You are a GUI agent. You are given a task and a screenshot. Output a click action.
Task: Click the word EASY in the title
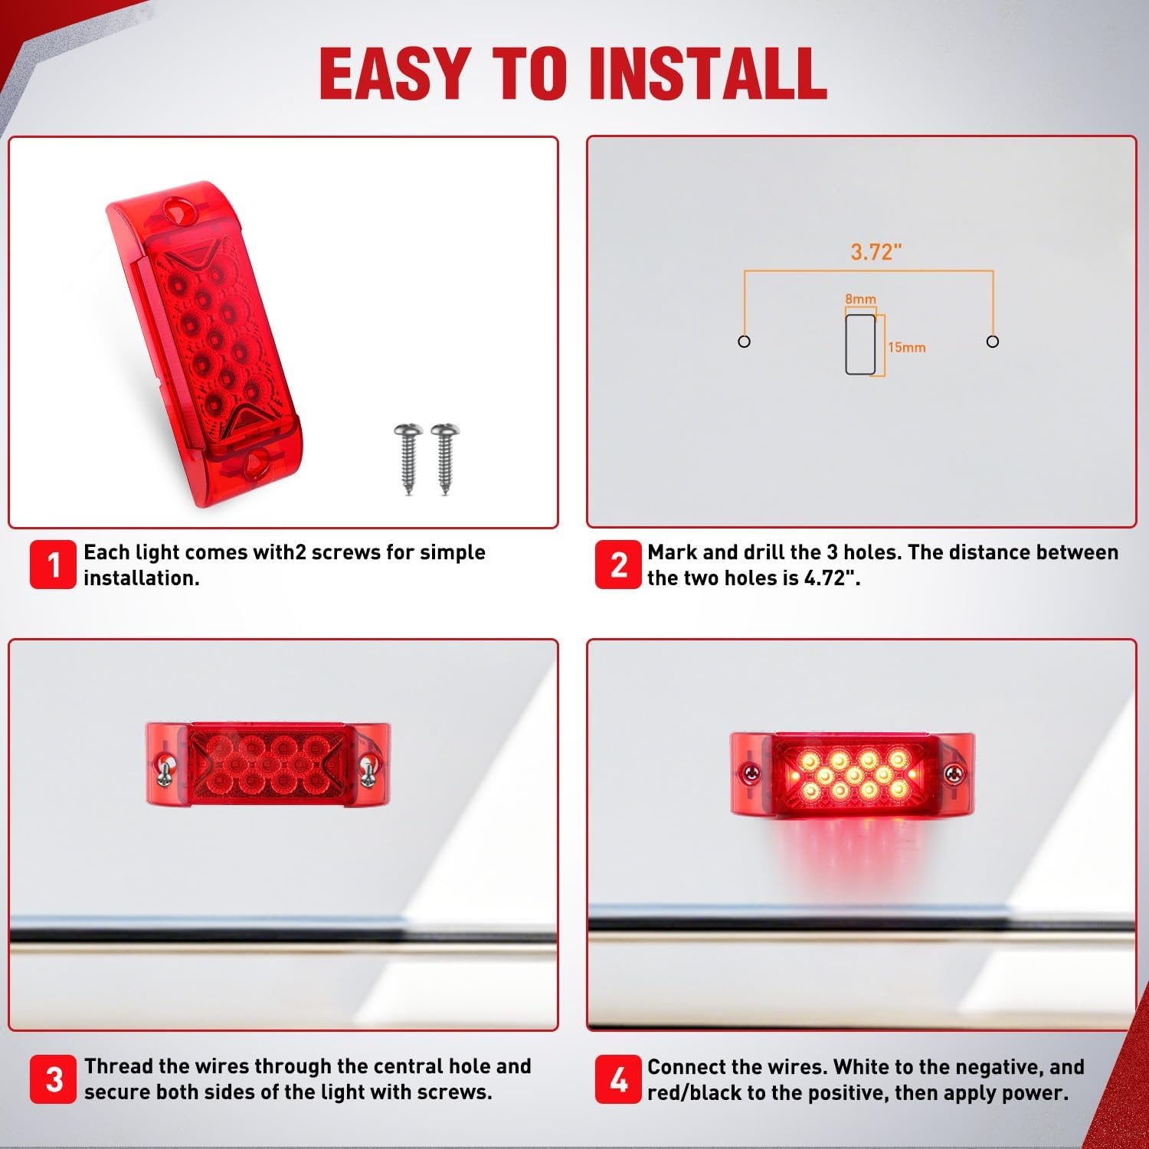(395, 73)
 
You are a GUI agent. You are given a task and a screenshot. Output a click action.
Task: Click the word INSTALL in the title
(709, 73)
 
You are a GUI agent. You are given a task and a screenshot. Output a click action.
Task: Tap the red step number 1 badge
(53, 565)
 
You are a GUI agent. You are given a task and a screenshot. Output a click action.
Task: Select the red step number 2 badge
(618, 565)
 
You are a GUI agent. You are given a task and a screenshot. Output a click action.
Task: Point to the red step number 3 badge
(54, 1079)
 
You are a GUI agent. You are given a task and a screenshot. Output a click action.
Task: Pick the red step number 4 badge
(618, 1079)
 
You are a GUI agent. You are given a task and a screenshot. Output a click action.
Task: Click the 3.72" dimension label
(876, 252)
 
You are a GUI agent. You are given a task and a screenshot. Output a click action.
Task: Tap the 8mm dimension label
(860, 300)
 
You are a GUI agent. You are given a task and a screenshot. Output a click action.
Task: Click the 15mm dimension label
(907, 348)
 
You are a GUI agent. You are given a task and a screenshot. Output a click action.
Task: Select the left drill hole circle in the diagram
(744, 342)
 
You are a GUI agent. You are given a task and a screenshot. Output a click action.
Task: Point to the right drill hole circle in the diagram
(993, 342)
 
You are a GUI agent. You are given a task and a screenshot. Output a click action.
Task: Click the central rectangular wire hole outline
(860, 344)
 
